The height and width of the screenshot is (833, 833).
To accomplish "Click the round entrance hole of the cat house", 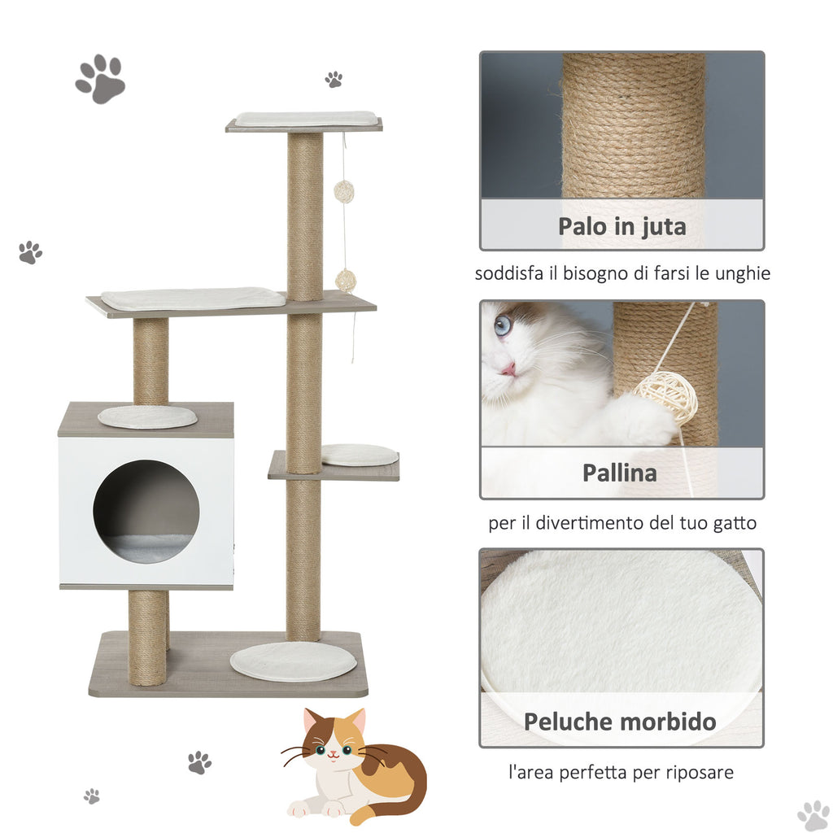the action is coord(146,511).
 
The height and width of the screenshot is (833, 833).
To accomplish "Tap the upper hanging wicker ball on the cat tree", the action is coord(344,191).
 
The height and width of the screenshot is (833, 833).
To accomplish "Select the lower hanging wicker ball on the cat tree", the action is coord(345,281).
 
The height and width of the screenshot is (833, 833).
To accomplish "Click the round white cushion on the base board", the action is coord(293,661).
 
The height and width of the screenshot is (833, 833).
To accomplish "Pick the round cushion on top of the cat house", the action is coord(147,417).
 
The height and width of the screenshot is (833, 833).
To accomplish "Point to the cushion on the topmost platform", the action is coord(306,119).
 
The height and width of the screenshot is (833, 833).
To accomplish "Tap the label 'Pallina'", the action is coord(619,473).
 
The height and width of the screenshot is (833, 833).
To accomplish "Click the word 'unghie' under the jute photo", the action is coord(742,274).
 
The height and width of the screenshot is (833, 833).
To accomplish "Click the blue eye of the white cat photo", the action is coord(502,325).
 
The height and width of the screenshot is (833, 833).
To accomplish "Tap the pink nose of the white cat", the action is coord(508,369).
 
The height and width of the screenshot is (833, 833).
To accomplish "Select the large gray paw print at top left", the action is coord(100,79).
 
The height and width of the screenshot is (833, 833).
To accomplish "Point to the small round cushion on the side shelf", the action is coord(360,456).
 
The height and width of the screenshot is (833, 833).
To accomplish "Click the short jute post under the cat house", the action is coord(148,638).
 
